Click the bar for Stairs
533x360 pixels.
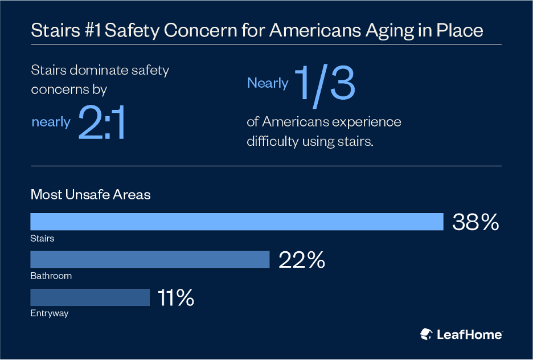[236, 222]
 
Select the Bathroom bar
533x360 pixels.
[149, 260]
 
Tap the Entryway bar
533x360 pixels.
[90, 297]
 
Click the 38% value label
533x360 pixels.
[475, 222]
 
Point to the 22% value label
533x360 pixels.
[302, 260]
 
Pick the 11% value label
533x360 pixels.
[177, 298]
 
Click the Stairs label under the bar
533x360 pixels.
[42, 238]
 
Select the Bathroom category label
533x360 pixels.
[51, 276]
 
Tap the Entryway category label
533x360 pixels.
[50, 313]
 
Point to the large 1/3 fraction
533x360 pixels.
[325, 84]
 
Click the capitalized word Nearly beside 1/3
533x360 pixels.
[268, 83]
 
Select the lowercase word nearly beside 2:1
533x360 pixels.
[51, 121]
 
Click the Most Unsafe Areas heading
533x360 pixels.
[91, 195]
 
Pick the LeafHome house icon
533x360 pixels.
[426, 334]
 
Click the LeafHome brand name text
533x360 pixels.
[469, 334]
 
